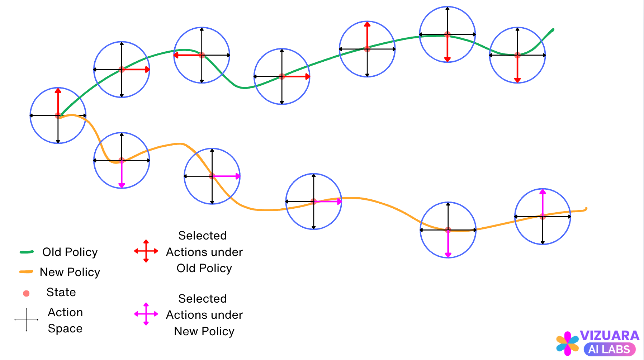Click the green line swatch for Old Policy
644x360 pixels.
(x=27, y=252)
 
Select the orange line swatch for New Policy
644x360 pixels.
(x=26, y=272)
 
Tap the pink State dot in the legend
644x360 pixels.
(x=26, y=293)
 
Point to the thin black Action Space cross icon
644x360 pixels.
(x=26, y=319)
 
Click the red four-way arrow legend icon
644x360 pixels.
(x=146, y=251)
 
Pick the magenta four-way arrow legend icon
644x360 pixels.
(x=146, y=314)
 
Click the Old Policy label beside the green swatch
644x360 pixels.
(x=70, y=252)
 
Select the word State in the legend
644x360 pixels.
(x=61, y=292)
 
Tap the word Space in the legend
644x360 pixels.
(x=65, y=328)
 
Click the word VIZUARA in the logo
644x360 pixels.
(x=610, y=335)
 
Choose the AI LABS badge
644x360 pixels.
(x=609, y=349)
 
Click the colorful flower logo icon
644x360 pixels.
(x=567, y=344)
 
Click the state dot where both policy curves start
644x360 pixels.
(x=58, y=115)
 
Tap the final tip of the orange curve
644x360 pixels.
(x=586, y=208)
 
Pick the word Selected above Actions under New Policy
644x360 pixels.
(x=203, y=299)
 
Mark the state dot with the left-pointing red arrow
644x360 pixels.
(x=202, y=55)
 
